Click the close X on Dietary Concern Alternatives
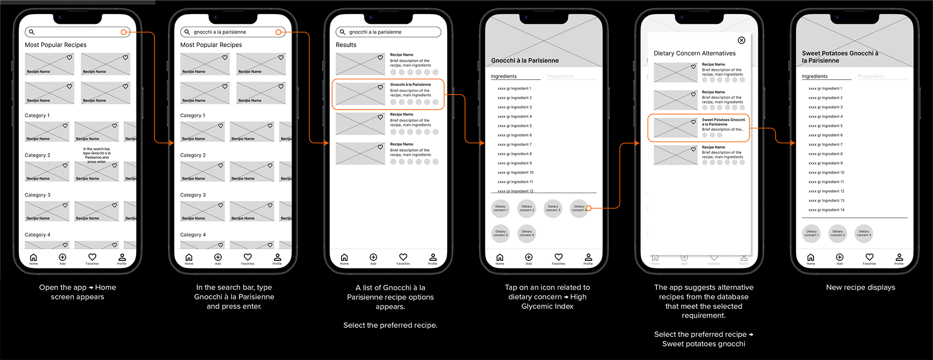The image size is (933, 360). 741,40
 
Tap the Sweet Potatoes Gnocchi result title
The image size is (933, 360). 723,121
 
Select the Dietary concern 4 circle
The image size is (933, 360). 579,208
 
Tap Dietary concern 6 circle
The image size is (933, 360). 527,234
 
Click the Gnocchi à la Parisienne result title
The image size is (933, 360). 410,85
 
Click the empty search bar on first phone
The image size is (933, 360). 73,32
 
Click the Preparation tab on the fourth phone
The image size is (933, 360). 560,76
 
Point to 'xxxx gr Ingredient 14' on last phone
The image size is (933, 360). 826,210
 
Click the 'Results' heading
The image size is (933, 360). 346,45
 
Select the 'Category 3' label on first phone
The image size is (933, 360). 37,195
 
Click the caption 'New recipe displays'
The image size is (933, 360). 860,287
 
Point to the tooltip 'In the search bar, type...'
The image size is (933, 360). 97,155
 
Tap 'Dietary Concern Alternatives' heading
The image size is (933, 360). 694,53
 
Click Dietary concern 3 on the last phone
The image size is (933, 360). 864,234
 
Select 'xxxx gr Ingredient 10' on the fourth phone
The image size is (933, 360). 515,172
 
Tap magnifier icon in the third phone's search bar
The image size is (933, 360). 342,32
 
